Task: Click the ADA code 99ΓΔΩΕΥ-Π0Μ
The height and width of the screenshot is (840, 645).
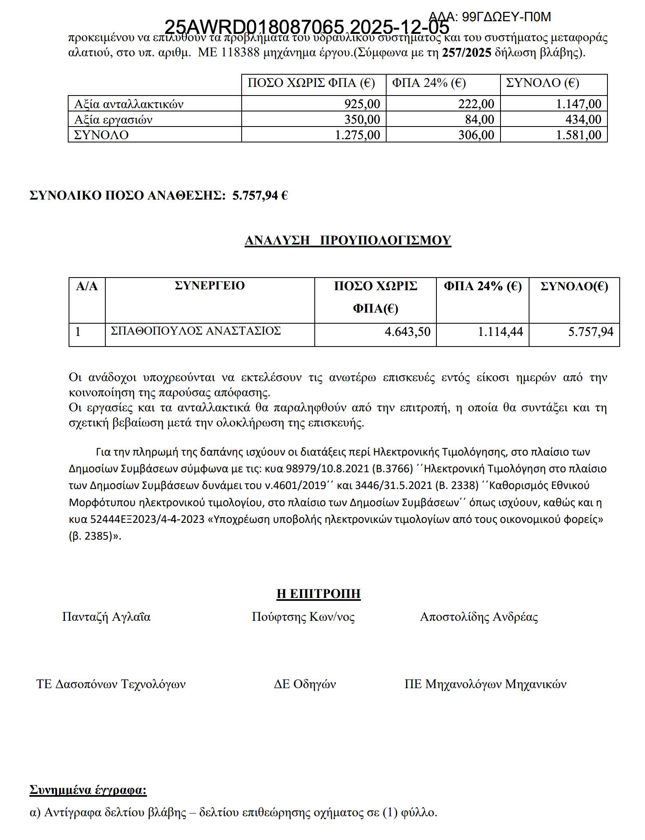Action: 489,17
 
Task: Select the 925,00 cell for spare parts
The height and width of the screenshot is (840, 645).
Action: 362,104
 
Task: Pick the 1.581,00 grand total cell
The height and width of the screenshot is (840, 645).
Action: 578,135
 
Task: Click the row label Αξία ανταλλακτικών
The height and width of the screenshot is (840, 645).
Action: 129,104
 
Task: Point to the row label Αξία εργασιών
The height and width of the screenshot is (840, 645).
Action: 113,120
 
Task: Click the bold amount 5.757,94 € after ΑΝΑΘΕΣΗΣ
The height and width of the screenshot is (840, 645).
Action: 260,196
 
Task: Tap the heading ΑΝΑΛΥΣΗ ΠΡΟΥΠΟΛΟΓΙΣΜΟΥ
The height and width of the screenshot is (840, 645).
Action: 348,240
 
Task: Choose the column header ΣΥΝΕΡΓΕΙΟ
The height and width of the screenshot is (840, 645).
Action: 209,285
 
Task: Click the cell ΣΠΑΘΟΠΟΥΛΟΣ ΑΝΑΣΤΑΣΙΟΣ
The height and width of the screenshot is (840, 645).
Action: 196,331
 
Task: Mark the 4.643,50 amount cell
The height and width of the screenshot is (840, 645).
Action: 407,331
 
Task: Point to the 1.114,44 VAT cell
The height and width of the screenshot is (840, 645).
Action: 500,331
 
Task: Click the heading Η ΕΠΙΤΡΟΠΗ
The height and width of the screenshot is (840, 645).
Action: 318,593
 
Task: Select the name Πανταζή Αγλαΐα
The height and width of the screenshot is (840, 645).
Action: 106,616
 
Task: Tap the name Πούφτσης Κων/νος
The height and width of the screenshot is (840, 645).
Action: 303,616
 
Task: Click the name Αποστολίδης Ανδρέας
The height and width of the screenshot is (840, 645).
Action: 478,616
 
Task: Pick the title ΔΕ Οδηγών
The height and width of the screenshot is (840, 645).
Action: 305,684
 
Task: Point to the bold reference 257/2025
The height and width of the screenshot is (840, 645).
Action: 466,53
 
